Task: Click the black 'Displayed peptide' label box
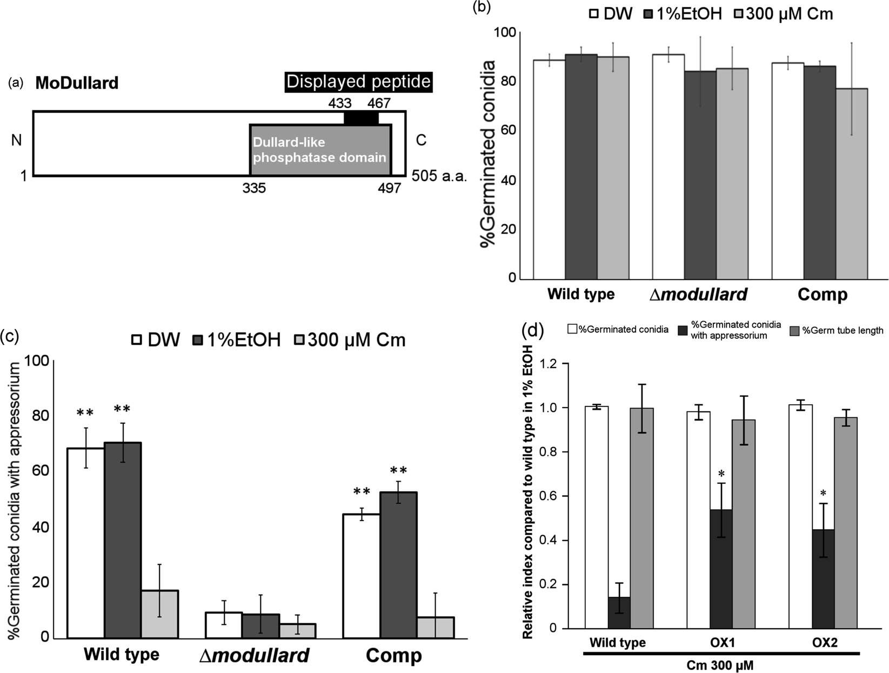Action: pyautogui.click(x=358, y=82)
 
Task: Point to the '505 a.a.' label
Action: pyautogui.click(x=438, y=176)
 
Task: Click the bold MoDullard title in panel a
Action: pyautogui.click(x=77, y=83)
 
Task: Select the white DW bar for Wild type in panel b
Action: pyautogui.click(x=549, y=169)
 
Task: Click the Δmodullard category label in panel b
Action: pyautogui.click(x=698, y=294)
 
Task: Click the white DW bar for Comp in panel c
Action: pyautogui.click(x=361, y=575)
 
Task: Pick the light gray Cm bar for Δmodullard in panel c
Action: pyautogui.click(x=297, y=630)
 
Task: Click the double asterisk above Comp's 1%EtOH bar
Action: pyautogui.click(x=398, y=470)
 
